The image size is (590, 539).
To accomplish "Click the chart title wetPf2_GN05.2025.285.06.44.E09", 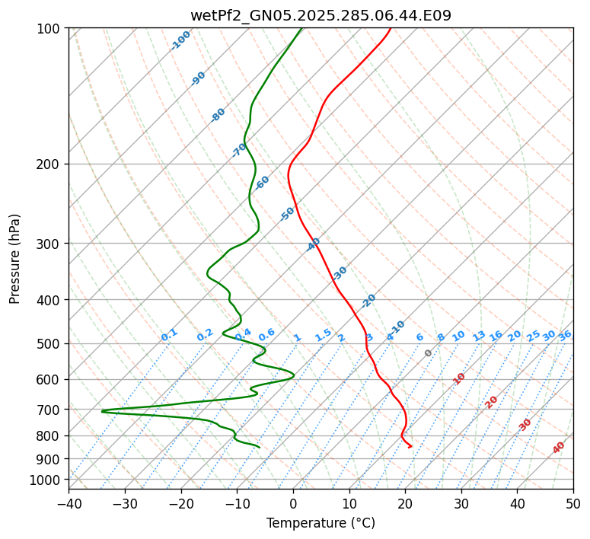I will [321, 15].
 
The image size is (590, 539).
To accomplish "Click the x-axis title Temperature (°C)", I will [321, 524].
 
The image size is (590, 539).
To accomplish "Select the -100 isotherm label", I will [180, 40].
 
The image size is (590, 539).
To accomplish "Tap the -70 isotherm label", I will [239, 149].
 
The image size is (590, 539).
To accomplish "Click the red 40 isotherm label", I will [559, 448].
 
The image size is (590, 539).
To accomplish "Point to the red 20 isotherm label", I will [492, 401].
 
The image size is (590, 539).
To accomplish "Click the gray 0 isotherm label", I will [428, 353].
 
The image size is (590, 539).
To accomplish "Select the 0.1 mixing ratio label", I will [169, 334].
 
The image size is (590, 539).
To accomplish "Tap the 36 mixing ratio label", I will [565, 335].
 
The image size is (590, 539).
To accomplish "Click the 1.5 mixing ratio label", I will [323, 334].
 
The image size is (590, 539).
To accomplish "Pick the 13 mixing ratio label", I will [479, 336].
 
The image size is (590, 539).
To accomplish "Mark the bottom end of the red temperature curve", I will [412, 447].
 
